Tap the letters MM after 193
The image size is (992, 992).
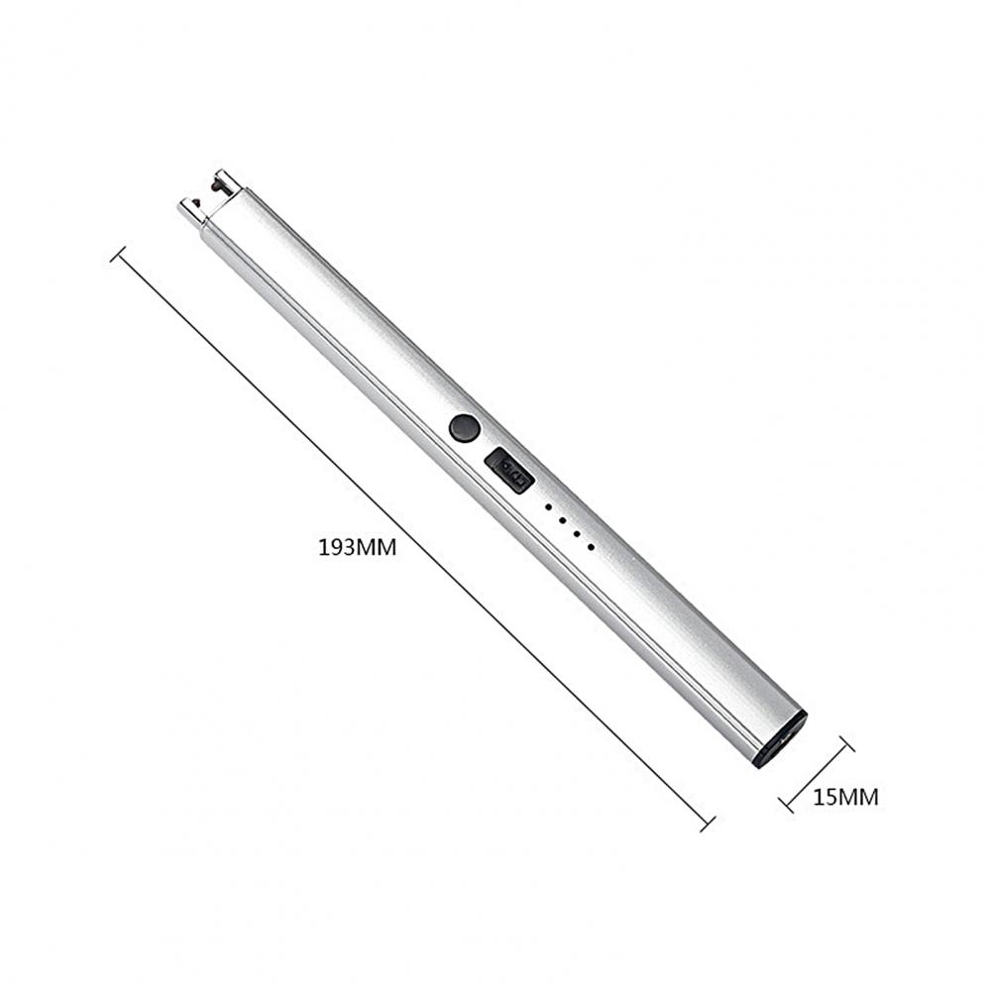[377, 547]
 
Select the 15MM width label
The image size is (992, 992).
[845, 797]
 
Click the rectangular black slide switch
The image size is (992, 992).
[509, 470]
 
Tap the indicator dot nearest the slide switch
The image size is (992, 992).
[548, 507]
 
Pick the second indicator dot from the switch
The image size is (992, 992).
[562, 520]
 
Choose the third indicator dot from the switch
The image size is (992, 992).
[577, 533]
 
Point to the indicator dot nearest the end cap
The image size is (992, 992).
[591, 546]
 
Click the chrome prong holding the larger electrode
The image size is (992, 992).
[228, 179]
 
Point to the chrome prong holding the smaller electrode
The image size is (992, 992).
[187, 209]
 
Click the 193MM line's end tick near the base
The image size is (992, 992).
[707, 824]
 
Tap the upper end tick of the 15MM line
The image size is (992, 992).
[845, 744]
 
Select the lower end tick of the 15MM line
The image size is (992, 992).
[787, 803]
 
